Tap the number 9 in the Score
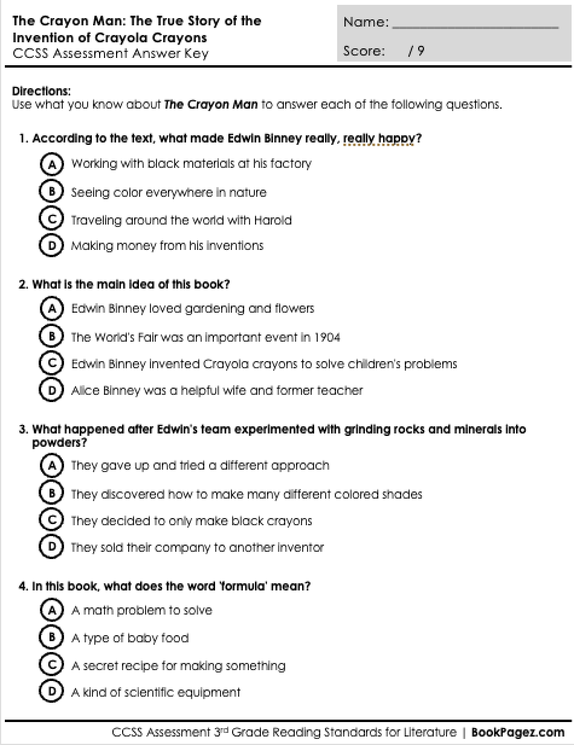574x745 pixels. (421, 51)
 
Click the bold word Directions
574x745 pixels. (41, 91)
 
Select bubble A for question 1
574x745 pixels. (52, 164)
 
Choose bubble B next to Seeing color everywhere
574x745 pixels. (52, 192)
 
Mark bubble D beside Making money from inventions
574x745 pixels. (52, 245)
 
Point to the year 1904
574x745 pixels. (327, 337)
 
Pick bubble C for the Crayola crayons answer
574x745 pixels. (52, 363)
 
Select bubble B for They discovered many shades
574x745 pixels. (52, 494)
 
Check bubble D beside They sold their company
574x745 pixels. (52, 547)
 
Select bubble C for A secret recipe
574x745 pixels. (52, 665)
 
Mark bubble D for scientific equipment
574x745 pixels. (52, 692)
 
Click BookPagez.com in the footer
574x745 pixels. (518, 732)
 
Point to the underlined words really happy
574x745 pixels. (379, 139)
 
